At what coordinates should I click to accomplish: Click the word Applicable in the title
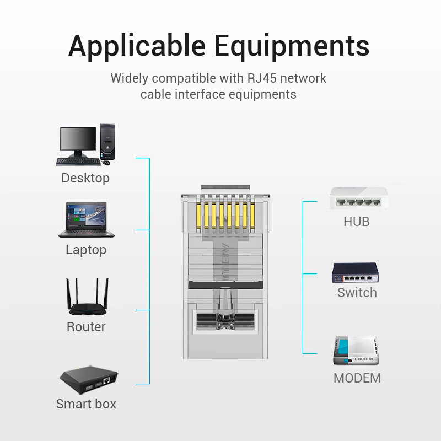pos(137,46)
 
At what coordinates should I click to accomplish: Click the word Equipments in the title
pos(292,46)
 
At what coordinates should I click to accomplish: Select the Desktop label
pos(85,178)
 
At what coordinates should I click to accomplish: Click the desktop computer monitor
pos(78,142)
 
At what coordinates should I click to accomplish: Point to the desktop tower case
pos(107,142)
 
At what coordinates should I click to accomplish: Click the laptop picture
pos(87,219)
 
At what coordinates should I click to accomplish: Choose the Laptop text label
pos(86,250)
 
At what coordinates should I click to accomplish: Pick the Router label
pos(86,327)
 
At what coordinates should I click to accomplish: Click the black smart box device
pos(89,379)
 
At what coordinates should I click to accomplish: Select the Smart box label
pos(86,404)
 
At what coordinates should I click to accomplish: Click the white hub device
pos(359,198)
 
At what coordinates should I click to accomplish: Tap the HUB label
pos(357,222)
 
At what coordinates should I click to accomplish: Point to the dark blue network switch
pos(355,272)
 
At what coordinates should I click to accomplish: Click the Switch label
pos(357,293)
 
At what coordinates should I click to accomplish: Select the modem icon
pos(356,351)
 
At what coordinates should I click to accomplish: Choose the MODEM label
pos(357,378)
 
